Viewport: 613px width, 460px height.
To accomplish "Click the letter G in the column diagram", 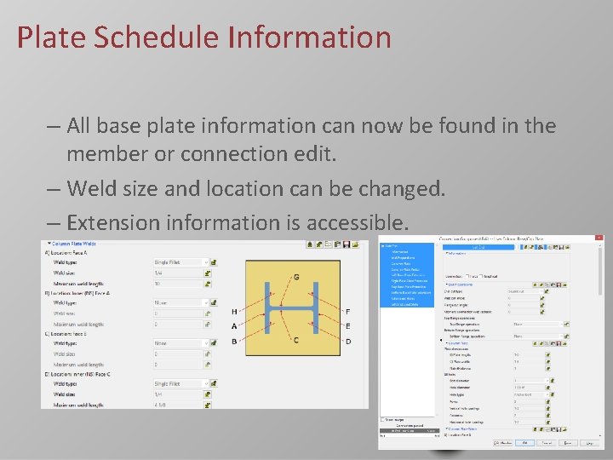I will pos(295,278).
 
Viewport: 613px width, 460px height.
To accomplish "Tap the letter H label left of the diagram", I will pos(234,312).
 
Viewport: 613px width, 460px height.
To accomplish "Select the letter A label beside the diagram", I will pos(234,326).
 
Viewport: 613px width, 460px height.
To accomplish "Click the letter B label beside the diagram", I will pos(234,342).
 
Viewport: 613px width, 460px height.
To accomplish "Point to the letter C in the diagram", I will pos(295,342).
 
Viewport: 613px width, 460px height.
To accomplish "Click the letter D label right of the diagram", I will pos(347,342).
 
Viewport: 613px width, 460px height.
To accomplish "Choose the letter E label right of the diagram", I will pos(347,326).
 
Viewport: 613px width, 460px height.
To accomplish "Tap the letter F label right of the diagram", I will pos(347,312).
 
